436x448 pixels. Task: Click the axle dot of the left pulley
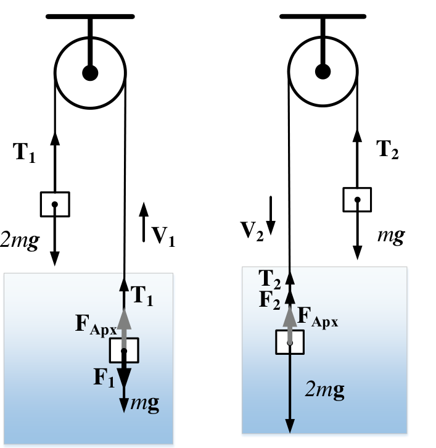[90, 73]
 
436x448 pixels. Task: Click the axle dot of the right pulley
[323, 72]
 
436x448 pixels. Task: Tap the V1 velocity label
[163, 237]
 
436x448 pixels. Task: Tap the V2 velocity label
[252, 231]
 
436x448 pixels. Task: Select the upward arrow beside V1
[144, 222]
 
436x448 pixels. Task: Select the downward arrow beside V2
[271, 216]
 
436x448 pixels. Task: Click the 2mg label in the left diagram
[19, 241]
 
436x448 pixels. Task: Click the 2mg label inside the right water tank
[325, 390]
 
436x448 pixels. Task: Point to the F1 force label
[104, 378]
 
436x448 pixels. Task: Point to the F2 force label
[269, 301]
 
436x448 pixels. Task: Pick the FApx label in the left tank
[96, 325]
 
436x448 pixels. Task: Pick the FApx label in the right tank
[318, 318]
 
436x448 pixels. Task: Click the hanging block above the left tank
[55, 204]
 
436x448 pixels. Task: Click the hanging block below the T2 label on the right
[357, 200]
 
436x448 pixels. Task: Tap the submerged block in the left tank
[124, 351]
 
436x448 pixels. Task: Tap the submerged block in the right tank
[290, 342]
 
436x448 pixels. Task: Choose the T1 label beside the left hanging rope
[24, 153]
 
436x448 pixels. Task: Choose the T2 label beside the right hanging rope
[387, 150]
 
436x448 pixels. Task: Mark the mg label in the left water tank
[145, 404]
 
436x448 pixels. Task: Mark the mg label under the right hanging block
[391, 236]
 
